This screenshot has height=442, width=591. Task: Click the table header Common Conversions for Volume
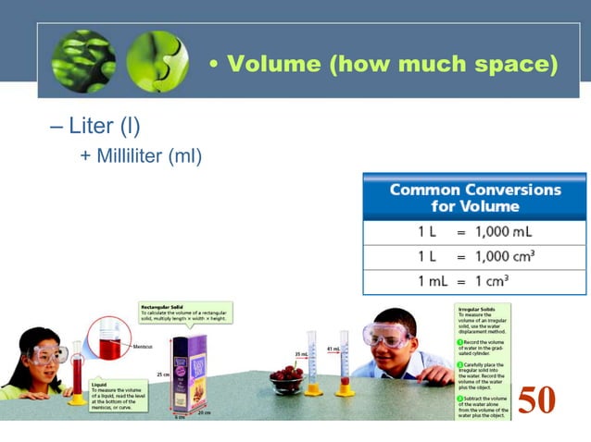pos(474,197)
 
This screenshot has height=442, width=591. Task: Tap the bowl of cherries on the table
pos(287,378)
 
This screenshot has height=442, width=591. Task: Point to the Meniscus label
pos(142,347)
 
